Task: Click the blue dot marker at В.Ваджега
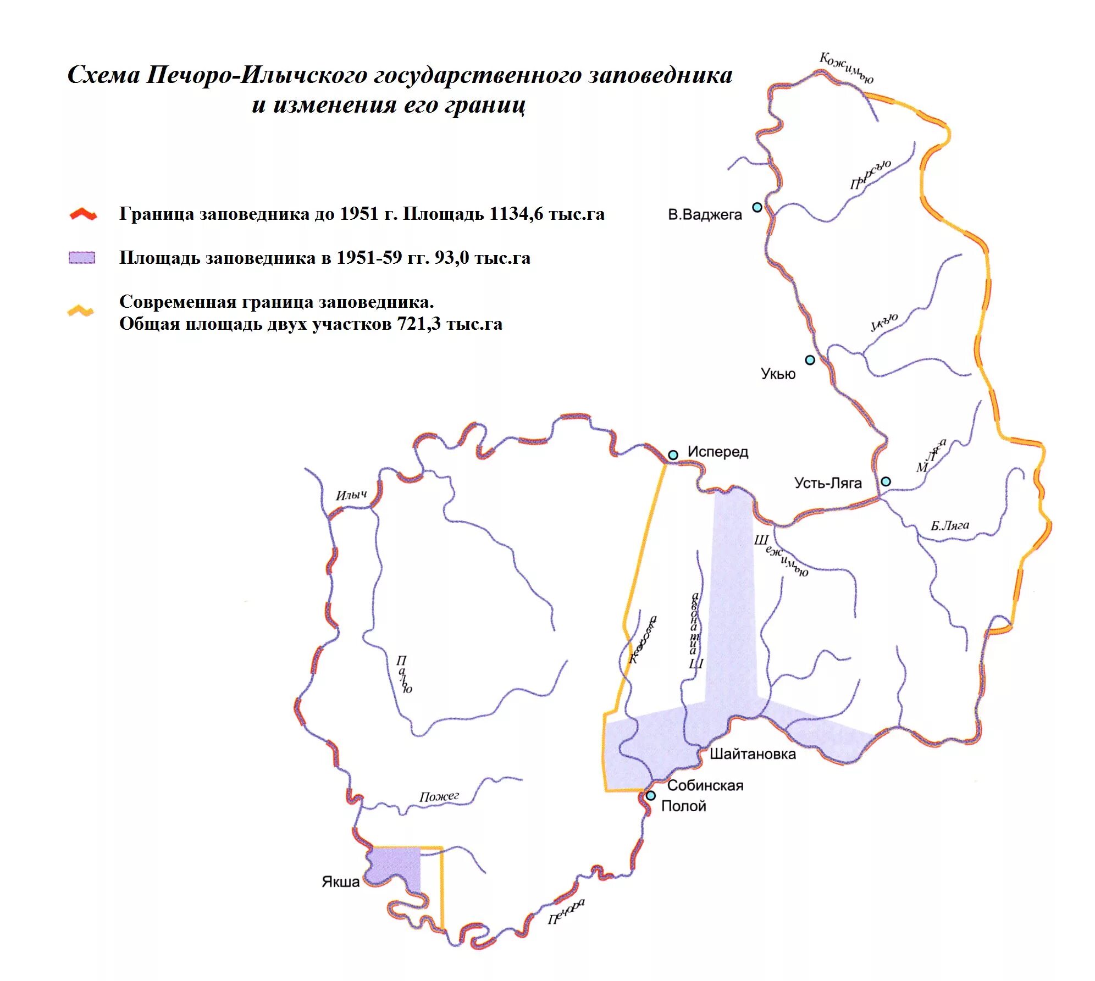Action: point(757,207)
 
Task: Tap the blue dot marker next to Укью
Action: point(810,360)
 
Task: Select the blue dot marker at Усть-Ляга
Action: point(886,481)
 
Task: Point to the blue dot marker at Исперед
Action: point(673,455)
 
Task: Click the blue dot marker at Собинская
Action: point(651,795)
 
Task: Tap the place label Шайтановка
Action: point(752,754)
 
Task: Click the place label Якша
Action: point(340,882)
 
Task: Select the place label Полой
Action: point(683,806)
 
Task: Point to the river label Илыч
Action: point(351,495)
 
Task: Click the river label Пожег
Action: point(439,796)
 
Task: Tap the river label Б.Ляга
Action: point(949,526)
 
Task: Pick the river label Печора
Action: point(566,912)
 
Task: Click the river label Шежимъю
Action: point(781,555)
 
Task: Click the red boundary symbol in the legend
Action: point(83,214)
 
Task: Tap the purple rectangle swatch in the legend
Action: point(81,258)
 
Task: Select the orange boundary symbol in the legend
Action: point(80,311)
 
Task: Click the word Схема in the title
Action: point(103,75)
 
